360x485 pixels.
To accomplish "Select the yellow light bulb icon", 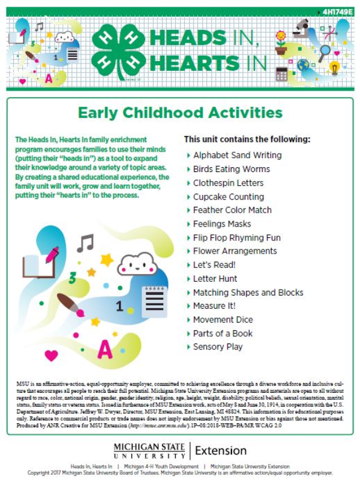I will point(335,68).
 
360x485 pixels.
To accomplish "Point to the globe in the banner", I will point(304,64).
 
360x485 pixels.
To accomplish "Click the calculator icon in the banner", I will point(281,74).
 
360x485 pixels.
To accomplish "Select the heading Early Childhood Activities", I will point(180,112).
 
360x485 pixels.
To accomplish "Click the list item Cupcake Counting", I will point(228,197).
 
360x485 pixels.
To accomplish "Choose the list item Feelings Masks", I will point(222,224).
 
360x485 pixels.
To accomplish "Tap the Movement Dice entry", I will point(223,320).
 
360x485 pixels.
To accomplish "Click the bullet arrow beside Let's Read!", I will point(187,265).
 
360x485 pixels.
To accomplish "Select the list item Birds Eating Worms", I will point(231,169).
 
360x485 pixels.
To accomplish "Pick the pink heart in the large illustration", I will point(52,355).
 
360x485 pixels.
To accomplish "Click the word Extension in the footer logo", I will point(221,450).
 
